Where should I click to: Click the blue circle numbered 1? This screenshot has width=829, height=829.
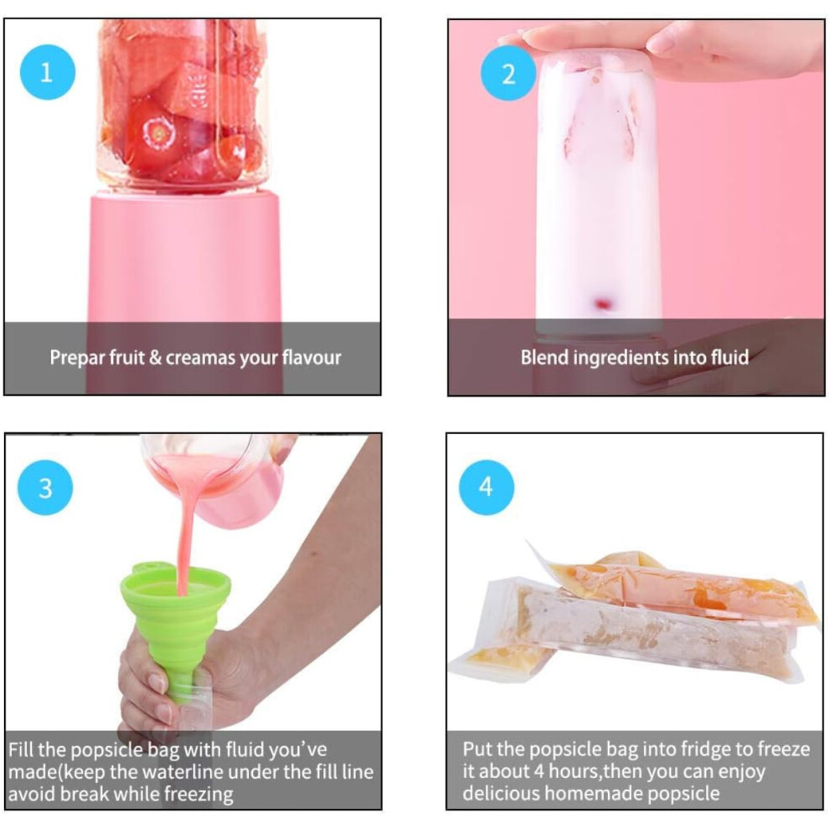coord(48,72)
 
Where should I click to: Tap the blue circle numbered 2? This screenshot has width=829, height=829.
coord(508,73)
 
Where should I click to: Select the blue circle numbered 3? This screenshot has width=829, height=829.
coord(45,487)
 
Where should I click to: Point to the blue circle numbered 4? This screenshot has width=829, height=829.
coord(487,487)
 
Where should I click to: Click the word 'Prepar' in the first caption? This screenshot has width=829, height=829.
coord(77,358)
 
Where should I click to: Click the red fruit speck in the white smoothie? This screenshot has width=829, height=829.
coord(603,304)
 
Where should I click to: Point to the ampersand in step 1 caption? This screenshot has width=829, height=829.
coord(155,358)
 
